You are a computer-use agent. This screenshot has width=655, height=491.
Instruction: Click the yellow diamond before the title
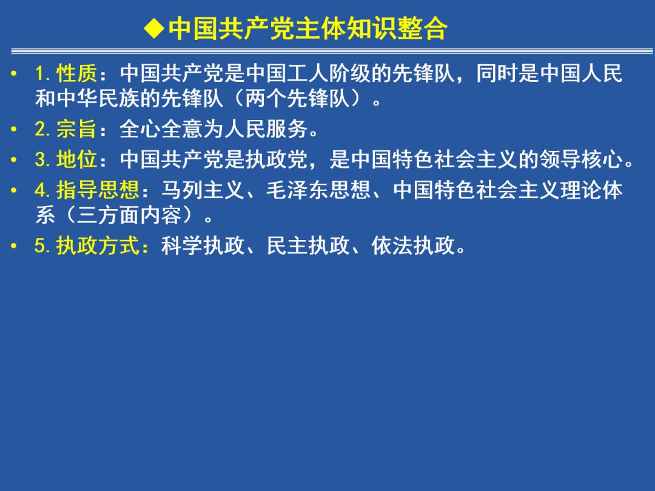coord(154,29)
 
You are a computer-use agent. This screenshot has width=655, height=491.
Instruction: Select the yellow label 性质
coord(77,73)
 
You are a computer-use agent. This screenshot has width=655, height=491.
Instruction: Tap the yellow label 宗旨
coord(77,129)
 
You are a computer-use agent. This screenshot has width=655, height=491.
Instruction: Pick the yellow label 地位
coord(77,159)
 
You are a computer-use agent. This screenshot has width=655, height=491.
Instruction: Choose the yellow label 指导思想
coord(98,190)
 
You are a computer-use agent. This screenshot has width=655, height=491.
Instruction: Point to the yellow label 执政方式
coord(98,245)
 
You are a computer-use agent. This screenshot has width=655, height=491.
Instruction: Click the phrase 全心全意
coord(161,129)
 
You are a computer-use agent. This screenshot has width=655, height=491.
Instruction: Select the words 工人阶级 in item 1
coord(329,73)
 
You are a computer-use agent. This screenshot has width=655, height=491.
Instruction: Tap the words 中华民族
coord(98,99)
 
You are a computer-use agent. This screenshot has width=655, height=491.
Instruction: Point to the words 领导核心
coord(581,159)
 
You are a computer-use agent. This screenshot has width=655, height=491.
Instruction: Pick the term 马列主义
coord(203,190)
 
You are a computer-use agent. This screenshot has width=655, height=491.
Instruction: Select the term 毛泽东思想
coord(319,190)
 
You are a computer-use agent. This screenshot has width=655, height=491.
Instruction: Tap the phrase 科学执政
coord(203,245)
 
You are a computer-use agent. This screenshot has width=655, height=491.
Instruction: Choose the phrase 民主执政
coord(308,245)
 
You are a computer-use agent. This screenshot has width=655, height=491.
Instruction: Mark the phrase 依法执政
coord(413,245)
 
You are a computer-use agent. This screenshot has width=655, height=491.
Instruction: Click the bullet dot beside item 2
coord(14,129)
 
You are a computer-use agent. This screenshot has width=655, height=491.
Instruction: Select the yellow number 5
coord(39,245)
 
